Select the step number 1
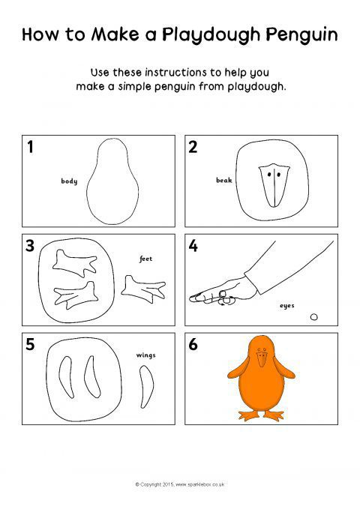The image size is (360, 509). click(30, 147)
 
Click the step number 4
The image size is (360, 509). click(193, 246)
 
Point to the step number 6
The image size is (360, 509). click(193, 344)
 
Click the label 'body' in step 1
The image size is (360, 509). click(69, 181)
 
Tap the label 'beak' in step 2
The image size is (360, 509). click(224, 180)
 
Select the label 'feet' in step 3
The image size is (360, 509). click(146, 259)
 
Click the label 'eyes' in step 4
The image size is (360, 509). click(287, 306)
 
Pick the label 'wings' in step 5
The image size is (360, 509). click(146, 355)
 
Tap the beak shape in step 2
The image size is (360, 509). click(274, 185)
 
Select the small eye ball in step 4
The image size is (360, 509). click(313, 317)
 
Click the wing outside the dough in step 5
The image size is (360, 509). click(147, 386)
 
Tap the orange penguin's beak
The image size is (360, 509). click(262, 359)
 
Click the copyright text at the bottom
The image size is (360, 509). click(180, 484)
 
